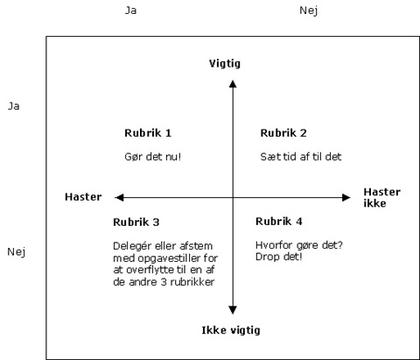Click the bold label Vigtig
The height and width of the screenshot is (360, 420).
[225, 64]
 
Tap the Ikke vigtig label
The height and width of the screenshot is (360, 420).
[231, 330]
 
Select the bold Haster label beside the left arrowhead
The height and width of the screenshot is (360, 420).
[83, 197]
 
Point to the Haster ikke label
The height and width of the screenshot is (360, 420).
[381, 198]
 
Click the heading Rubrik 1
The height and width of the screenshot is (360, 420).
[148, 133]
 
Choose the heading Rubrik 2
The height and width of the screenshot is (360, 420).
[283, 133]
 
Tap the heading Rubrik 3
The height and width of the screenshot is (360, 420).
[136, 222]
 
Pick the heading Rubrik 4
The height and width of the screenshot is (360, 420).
[279, 222]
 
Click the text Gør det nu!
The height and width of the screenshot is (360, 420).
[153, 157]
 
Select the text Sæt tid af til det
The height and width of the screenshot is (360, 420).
[301, 157]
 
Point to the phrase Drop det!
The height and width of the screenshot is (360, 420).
[279, 257]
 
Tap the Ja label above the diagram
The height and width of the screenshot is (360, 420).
[130, 11]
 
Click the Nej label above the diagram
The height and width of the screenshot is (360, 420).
[309, 11]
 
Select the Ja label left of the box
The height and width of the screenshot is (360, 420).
[13, 106]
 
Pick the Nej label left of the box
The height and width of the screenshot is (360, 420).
[17, 252]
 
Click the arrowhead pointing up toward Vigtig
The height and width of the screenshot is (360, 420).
[233, 84]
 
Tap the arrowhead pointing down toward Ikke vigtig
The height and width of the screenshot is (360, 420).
[233, 310]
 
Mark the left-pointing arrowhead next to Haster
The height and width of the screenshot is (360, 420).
[119, 198]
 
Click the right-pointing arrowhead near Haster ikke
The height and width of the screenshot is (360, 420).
[346, 198]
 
